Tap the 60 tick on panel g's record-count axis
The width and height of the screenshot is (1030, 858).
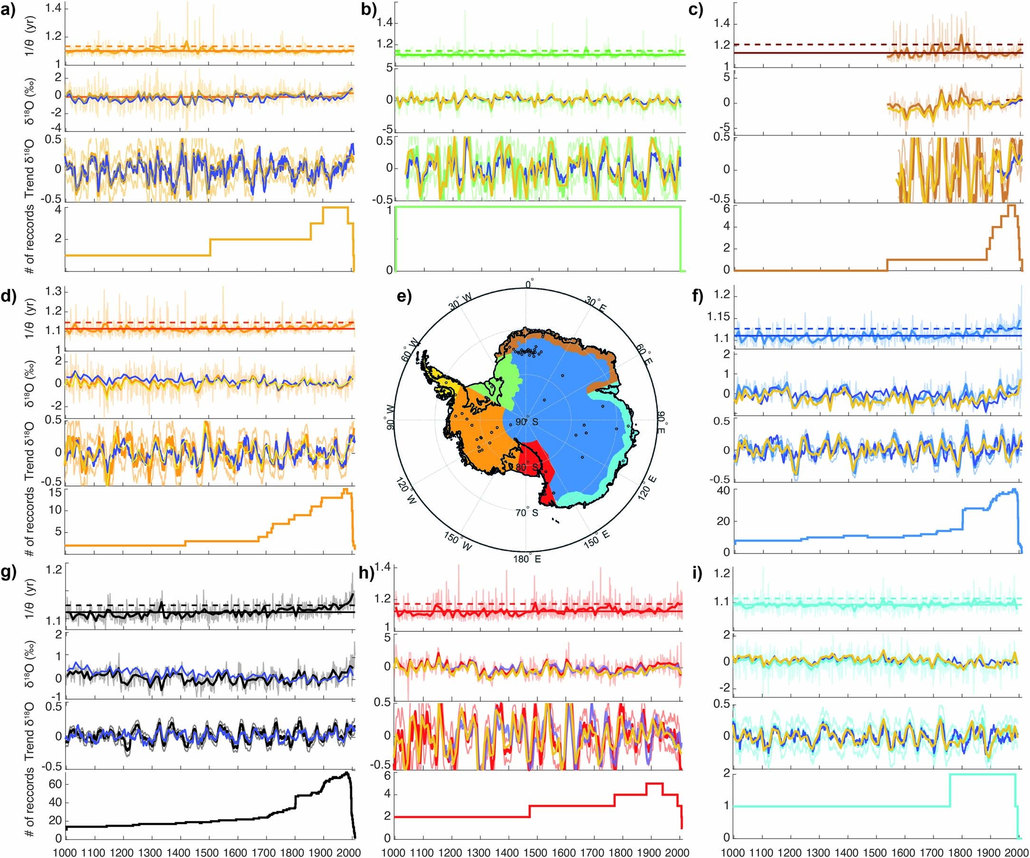[55, 784]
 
